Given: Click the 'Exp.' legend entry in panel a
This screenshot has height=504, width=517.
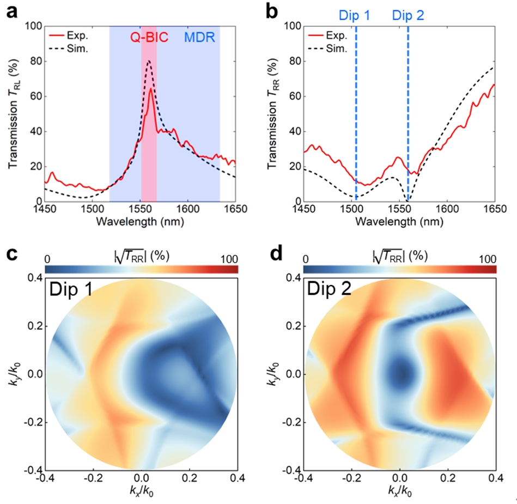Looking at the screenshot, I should coord(76,36).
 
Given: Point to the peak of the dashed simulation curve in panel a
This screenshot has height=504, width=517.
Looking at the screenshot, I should coord(148,60).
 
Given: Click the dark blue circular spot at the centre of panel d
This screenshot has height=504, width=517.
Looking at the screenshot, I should coord(402,373).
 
